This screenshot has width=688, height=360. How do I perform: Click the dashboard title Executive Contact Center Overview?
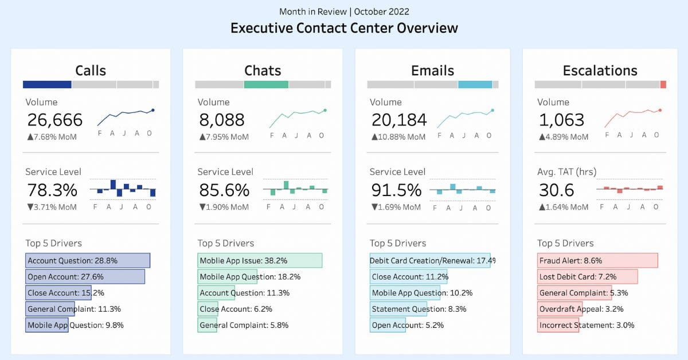[344, 28]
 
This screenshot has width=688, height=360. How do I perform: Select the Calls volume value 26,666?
[55, 120]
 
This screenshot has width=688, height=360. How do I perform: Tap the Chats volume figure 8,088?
[221, 120]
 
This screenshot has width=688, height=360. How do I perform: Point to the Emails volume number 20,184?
[399, 120]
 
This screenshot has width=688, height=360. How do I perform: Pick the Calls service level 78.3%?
[52, 190]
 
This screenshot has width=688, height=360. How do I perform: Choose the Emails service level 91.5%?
[396, 190]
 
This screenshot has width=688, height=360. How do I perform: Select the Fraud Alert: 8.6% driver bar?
[597, 261]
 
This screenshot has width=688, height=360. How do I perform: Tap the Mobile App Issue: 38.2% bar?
[259, 261]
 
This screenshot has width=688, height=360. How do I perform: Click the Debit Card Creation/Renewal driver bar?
[429, 261]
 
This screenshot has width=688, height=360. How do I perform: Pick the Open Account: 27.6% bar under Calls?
[85, 277]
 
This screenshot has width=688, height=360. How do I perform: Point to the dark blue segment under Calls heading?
[47, 84]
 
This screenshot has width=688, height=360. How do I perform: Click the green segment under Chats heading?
[266, 84]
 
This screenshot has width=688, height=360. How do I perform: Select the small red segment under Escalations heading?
[663, 84]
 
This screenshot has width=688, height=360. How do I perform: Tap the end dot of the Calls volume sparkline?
[153, 110]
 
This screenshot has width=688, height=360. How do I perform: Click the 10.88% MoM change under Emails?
[398, 137]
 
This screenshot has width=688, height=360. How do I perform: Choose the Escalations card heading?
[600, 71]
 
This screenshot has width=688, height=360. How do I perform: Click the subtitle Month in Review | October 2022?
[344, 11]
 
